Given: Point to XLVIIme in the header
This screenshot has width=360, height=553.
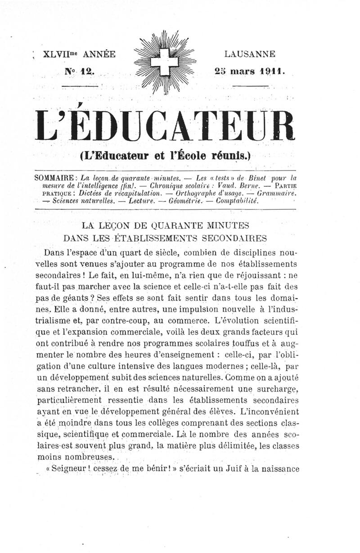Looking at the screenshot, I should point(59,55).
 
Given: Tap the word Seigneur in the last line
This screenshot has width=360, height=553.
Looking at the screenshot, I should point(68,468).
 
